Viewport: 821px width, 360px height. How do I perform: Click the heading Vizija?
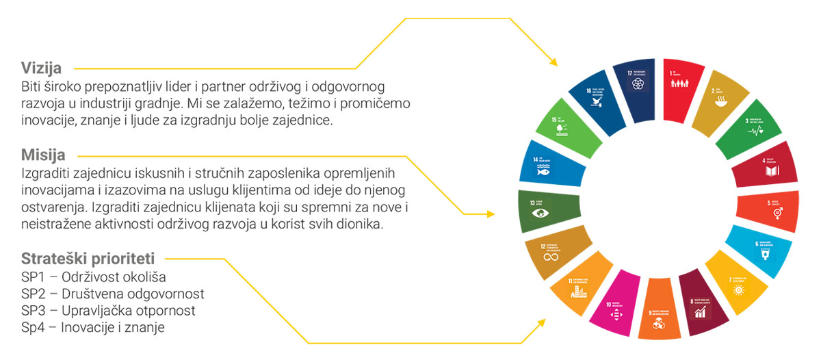click(x=42, y=68)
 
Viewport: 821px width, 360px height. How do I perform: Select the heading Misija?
click(x=43, y=155)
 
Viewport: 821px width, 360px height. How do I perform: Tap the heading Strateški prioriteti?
click(x=88, y=259)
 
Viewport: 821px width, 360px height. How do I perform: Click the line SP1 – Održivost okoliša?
click(x=93, y=277)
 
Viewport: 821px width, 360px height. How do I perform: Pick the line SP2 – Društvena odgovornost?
click(x=112, y=294)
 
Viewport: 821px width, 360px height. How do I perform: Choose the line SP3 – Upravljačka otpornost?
click(x=108, y=311)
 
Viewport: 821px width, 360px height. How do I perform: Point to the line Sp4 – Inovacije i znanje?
click(x=92, y=328)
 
